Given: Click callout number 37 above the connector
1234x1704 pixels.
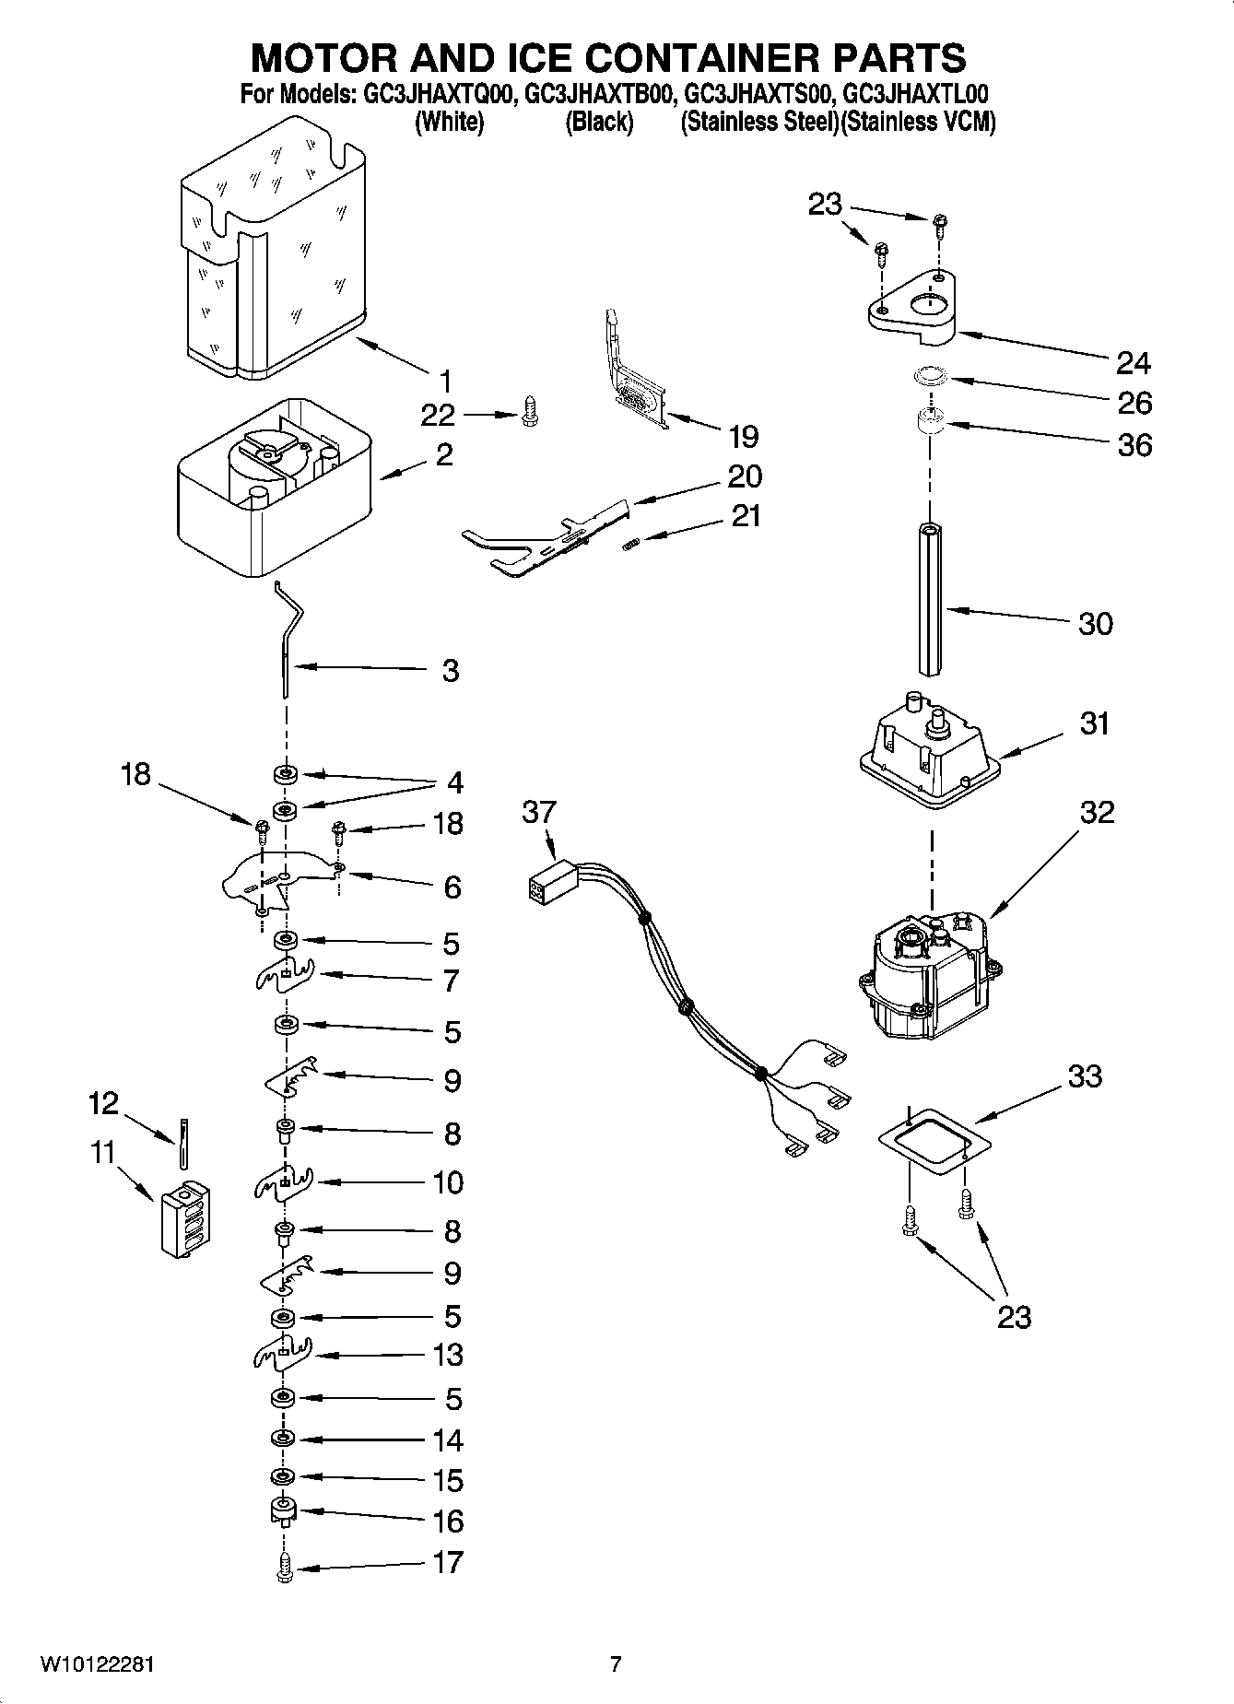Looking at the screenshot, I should point(539,812).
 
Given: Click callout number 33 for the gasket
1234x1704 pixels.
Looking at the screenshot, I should point(1085,1075).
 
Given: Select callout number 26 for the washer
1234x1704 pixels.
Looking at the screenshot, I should point(1134,403).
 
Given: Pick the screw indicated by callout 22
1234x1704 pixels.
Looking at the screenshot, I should point(530,411).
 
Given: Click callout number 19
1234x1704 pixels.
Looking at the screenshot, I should point(743,436).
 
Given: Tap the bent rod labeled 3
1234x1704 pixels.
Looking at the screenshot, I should point(287,645).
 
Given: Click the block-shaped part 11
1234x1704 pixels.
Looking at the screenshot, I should point(185,1220).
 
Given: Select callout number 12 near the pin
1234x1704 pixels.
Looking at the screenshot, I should point(103,1102).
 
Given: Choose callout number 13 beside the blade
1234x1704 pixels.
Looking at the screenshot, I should point(448,1356).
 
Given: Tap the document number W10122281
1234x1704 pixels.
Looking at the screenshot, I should point(97,1664).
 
